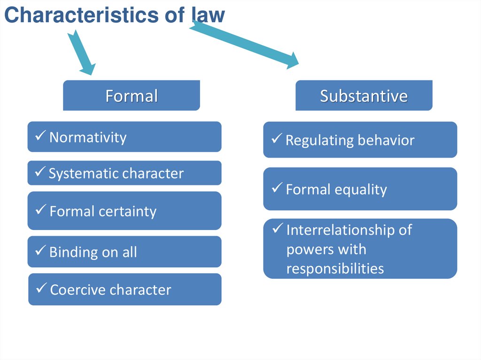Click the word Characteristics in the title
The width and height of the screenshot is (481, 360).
79,15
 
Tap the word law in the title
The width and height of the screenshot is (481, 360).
208,15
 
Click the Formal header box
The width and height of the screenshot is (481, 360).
132,96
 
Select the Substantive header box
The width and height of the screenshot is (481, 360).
364,96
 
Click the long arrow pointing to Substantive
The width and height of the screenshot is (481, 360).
244,45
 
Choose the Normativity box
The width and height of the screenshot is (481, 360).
124,137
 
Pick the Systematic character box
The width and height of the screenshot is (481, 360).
124,173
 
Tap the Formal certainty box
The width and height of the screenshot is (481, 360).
124,211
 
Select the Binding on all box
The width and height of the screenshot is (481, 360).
124,252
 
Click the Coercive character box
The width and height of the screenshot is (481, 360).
124,289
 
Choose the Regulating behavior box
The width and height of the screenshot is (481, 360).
360,140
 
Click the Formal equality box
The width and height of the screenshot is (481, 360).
360,189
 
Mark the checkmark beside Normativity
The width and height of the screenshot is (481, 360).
40,137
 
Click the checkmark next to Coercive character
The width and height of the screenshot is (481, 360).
41,289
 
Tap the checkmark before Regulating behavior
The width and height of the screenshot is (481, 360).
277,139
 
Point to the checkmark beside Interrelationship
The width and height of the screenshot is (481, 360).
278,229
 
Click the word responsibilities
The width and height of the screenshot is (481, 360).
335,268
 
